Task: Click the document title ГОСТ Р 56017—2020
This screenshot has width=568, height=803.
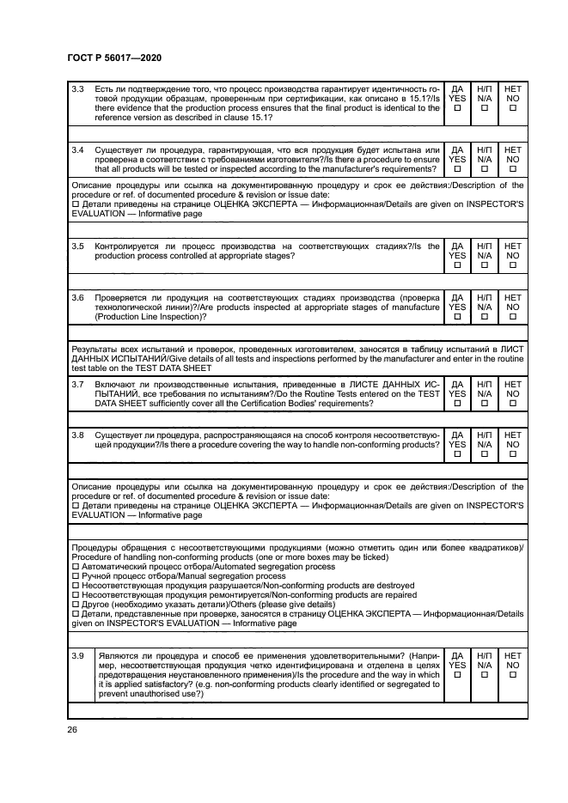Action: tap(113, 57)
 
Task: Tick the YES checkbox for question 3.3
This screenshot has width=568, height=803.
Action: tap(457, 108)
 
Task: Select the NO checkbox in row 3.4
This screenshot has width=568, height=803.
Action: tap(512, 170)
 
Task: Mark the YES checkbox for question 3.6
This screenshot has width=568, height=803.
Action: tap(457, 317)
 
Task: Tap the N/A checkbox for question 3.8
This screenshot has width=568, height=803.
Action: tap(485, 455)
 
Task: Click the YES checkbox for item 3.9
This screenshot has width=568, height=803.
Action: tap(457, 673)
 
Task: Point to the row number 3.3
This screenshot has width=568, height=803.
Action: tap(77, 88)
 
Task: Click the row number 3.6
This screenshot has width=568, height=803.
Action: tap(77, 296)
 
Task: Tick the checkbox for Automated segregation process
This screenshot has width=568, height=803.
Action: tap(75, 567)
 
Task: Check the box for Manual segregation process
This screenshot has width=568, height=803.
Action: tap(75, 575)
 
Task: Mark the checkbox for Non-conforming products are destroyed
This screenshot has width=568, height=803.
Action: tap(75, 585)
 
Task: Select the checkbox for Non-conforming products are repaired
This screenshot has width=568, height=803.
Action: tap(75, 594)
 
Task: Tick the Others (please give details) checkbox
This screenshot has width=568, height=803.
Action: tap(75, 604)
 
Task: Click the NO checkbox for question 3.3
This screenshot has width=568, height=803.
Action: tap(512, 108)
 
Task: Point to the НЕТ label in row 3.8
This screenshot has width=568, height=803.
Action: tap(512, 435)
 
